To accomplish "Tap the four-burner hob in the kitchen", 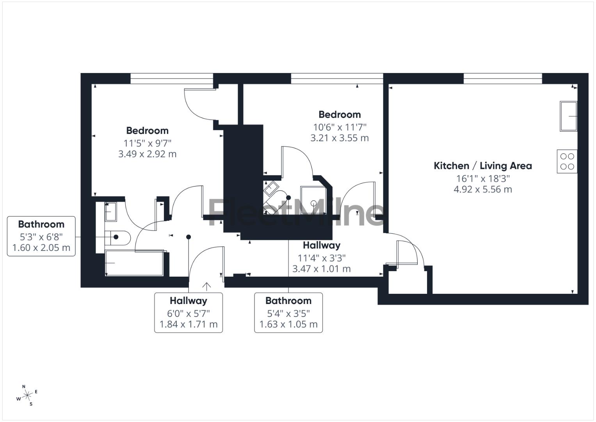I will coord(567,161).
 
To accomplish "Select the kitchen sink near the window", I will coord(568,116).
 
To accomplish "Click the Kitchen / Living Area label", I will coord(483,166).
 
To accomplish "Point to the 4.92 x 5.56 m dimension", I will coord(483,190).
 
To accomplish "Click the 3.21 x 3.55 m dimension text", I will coord(340,138).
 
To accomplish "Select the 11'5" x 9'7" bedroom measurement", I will coord(147,143).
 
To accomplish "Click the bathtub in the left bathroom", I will coord(134,263).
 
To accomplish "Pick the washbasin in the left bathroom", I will coord(110,211).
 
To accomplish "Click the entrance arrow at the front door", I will coord(206,286).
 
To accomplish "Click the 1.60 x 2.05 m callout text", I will coord(41,248).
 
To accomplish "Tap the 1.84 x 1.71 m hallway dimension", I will coord(189,324).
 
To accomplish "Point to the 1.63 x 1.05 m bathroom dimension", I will coord(288,324).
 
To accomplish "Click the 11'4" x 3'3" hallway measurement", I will coord(322,258).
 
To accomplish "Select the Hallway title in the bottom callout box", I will coord(189,301).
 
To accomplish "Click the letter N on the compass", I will coord(24,386).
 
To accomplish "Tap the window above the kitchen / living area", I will coord(503,78).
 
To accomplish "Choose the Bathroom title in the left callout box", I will coord(41,224).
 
